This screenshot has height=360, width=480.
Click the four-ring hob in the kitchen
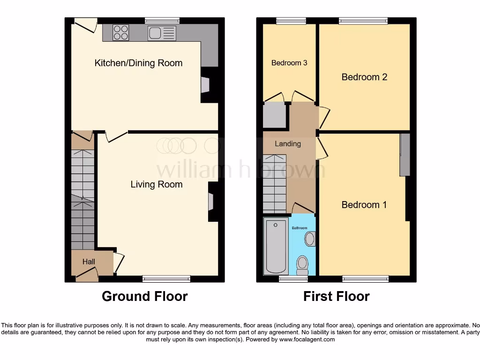pyautogui.click(x=121, y=32)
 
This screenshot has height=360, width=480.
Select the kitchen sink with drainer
pyautogui.click(x=162, y=33)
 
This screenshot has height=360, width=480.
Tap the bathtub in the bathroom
pyautogui.click(x=276, y=246)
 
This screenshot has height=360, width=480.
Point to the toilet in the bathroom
pyautogui.click(x=302, y=265)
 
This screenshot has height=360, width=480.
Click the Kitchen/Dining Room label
pyautogui.click(x=138, y=63)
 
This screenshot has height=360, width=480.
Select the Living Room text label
pyautogui.click(x=156, y=184)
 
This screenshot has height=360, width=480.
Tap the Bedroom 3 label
pyautogui.click(x=289, y=63)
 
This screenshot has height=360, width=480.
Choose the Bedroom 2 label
pyautogui.click(x=364, y=77)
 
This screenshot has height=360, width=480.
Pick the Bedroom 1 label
pyautogui.click(x=364, y=205)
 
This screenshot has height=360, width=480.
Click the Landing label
pyautogui.click(x=287, y=144)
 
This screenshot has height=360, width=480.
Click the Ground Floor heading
pyautogui.click(x=144, y=296)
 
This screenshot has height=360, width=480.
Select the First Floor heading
pyautogui.click(x=336, y=296)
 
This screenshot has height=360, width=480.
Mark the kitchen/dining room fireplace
pyautogui.click(x=205, y=85)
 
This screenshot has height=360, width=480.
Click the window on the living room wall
pyautogui.click(x=166, y=279)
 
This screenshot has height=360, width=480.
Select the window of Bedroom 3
pyautogui.click(x=291, y=20)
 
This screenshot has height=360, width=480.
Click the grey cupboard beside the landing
pyautogui.click(x=275, y=115)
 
